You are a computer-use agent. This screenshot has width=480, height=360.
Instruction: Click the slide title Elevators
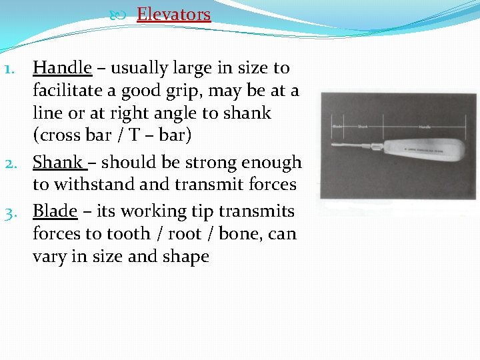click(173, 14)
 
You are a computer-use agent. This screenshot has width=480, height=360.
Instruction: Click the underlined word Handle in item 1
click(62, 67)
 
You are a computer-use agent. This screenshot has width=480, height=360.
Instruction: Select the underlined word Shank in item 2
click(58, 162)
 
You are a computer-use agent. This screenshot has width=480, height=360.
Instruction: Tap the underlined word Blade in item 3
click(55, 211)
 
